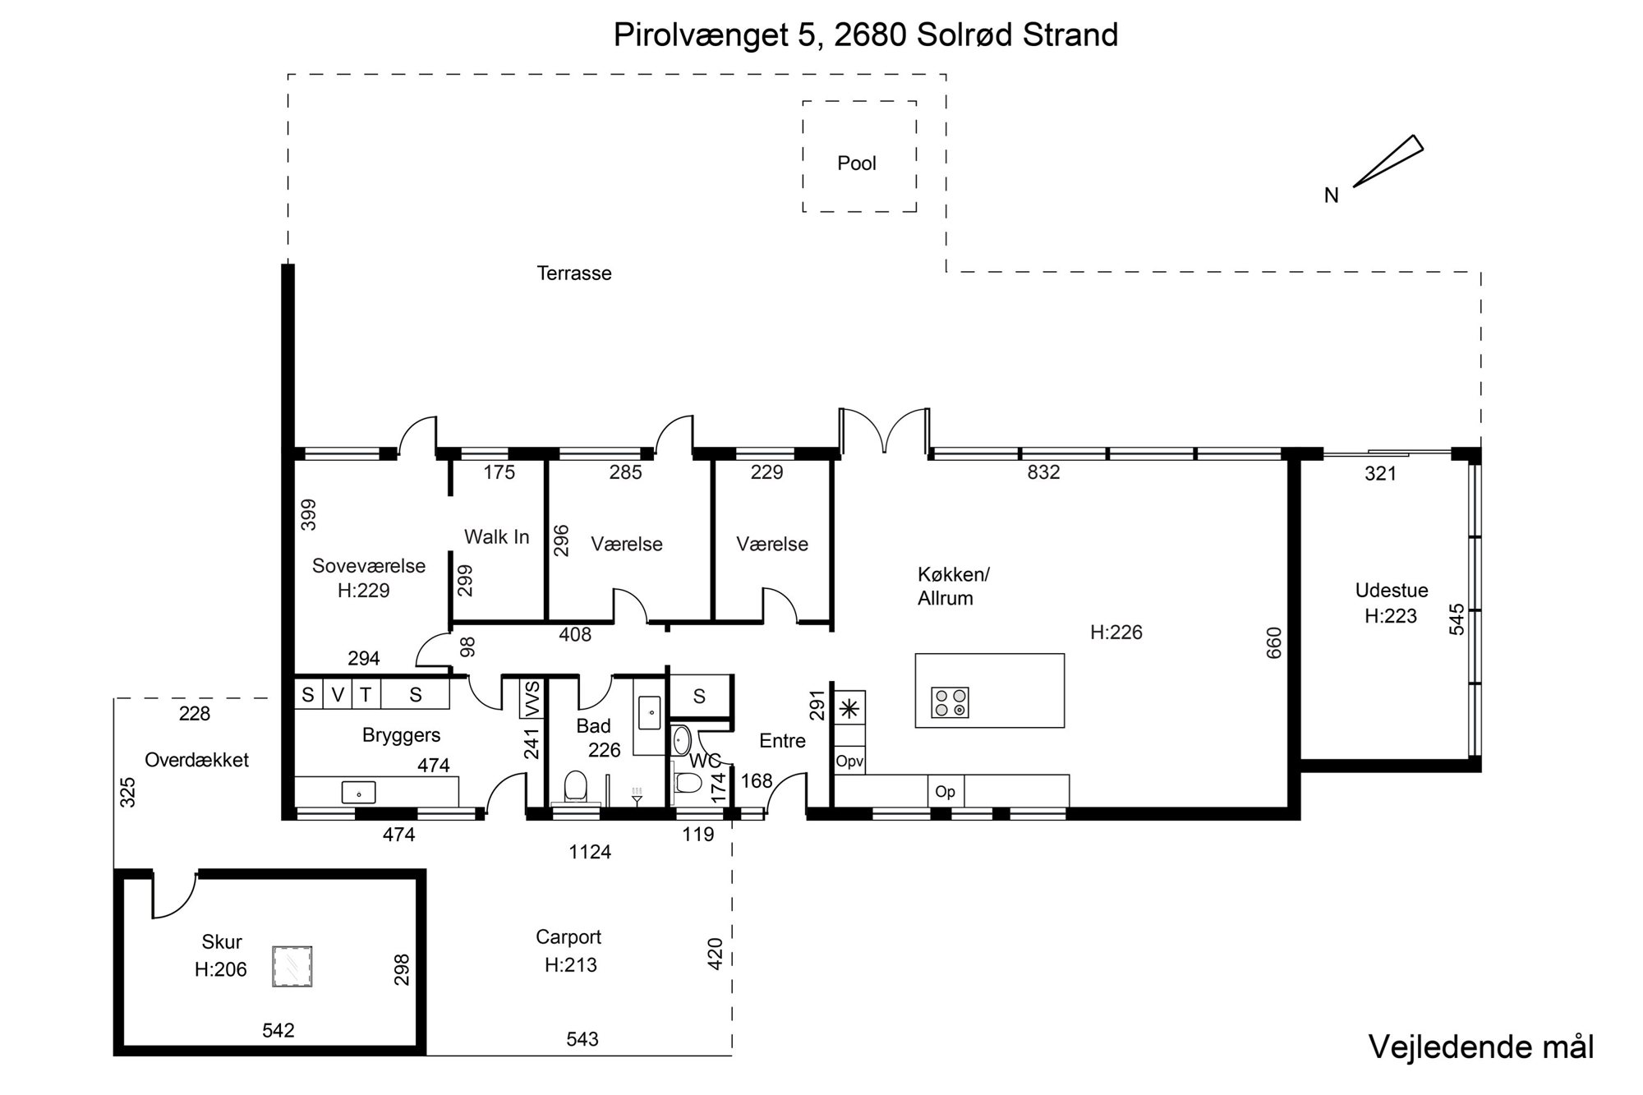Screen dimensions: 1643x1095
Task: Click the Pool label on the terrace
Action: (857, 163)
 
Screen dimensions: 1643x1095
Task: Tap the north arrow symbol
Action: (1388, 161)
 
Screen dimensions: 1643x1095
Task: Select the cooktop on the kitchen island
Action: (950, 702)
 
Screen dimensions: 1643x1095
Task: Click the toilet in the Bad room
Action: (575, 786)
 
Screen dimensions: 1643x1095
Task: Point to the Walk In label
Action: (497, 537)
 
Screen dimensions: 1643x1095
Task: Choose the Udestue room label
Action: (1392, 591)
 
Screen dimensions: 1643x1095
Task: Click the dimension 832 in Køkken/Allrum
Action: (1043, 472)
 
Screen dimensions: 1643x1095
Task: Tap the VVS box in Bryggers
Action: (532, 697)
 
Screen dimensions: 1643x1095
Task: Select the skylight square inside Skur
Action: (292, 966)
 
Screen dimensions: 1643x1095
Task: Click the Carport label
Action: (568, 937)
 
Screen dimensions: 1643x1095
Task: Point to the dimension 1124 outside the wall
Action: (590, 853)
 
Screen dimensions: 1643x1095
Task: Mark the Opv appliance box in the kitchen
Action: (849, 761)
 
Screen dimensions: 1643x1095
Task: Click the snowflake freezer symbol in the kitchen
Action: (849, 707)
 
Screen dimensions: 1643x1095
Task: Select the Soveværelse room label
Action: (369, 566)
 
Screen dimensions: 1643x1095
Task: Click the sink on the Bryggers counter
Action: (359, 793)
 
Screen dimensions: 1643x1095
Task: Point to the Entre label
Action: (782, 741)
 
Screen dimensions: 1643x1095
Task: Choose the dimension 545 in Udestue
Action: (1457, 620)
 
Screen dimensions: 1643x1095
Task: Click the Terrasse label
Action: (574, 274)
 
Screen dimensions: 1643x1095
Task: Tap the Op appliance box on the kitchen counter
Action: (946, 792)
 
